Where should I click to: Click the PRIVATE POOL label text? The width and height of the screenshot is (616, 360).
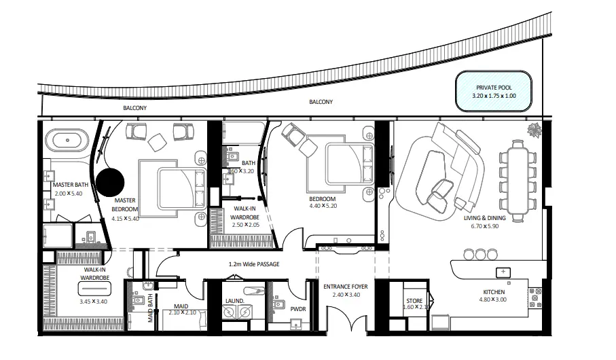pyautogui.click(x=494, y=88)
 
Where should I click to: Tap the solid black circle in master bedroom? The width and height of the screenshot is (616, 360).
pyautogui.click(x=111, y=183)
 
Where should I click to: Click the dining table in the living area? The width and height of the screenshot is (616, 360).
pyautogui.click(x=519, y=179)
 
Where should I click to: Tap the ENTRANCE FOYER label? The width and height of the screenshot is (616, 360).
pyautogui.click(x=345, y=287)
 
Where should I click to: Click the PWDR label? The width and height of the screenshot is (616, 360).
pyautogui.click(x=299, y=309)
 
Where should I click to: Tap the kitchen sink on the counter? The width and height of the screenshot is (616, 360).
pyautogui.click(x=503, y=272)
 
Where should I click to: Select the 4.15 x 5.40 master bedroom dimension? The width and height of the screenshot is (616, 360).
pyautogui.click(x=125, y=219)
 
